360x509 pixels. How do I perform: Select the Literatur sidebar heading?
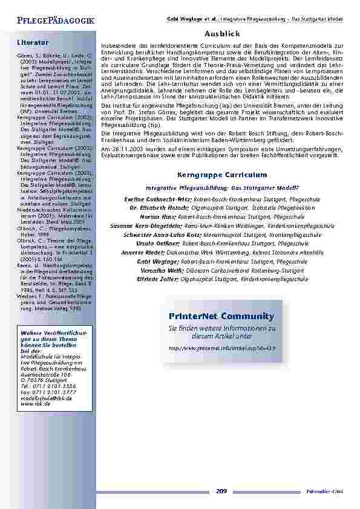pos(33,43)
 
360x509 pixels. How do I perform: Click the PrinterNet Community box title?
pos(221,316)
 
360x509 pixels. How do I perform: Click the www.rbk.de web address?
pos(34,403)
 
